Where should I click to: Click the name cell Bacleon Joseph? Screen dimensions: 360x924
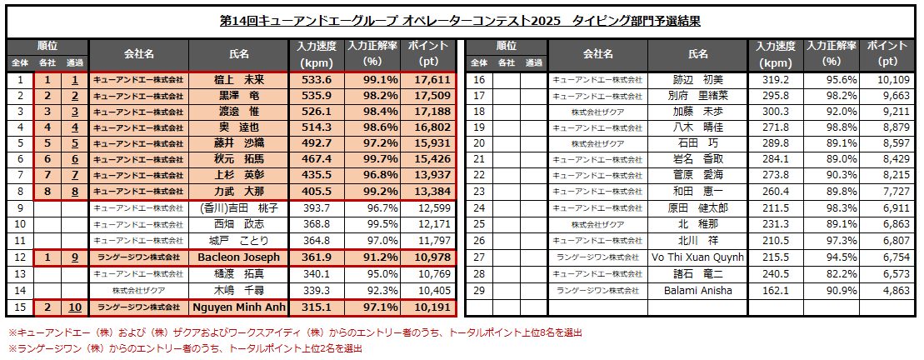click(239, 257)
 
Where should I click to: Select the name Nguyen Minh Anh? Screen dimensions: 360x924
click(239, 307)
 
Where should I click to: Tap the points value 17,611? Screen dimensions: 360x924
click(432, 80)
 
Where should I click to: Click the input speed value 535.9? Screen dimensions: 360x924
click(317, 96)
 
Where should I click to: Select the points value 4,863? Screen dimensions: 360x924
click(891, 291)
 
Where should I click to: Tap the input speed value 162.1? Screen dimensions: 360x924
click(776, 291)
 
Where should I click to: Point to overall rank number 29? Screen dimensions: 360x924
click(479, 291)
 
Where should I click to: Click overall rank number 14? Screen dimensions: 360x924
click(20, 291)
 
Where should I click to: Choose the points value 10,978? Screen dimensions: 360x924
click(432, 257)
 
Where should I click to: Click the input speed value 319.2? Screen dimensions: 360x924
click(776, 80)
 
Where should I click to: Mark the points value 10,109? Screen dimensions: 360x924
click(891, 80)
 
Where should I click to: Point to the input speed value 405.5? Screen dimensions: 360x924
click(317, 192)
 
